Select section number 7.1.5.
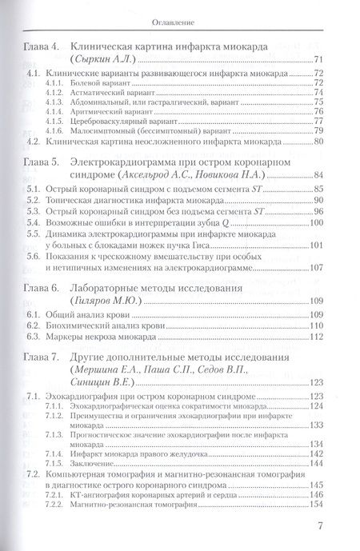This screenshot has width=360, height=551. tap(54, 464)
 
